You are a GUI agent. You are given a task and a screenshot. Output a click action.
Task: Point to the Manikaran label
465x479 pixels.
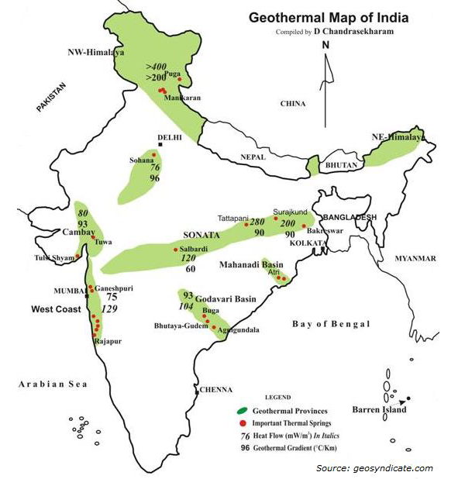pyautogui.click(x=184, y=98)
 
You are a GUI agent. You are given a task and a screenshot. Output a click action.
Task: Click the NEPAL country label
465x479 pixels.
pyautogui.click(x=252, y=156)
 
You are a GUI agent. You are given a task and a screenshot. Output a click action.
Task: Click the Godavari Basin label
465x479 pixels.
pyautogui.click(x=226, y=298)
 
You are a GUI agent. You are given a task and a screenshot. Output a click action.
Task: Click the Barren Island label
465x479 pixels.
pyautogui.click(x=378, y=408)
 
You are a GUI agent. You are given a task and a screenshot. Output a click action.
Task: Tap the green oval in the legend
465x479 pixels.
pyautogui.click(x=243, y=410)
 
